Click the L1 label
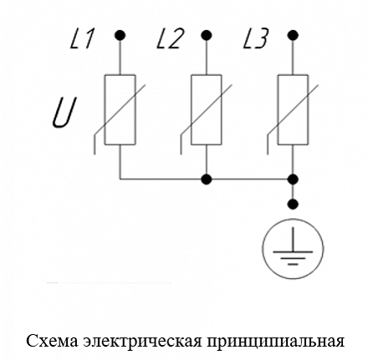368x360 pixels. [82, 38]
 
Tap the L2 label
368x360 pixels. [171, 38]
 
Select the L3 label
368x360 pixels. [256, 38]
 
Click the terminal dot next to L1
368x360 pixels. [120, 35]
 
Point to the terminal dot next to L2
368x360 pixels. [207, 35]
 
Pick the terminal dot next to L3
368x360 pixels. [293, 35]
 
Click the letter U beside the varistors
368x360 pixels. [64, 114]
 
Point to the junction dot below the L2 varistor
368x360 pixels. [207, 179]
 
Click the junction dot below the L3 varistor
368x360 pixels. [293, 179]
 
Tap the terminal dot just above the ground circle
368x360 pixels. [293, 204]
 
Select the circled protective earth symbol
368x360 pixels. [293, 249]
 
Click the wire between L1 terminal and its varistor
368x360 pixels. [120, 58]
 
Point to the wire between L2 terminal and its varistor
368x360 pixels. [207, 58]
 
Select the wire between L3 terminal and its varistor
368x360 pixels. [293, 58]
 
